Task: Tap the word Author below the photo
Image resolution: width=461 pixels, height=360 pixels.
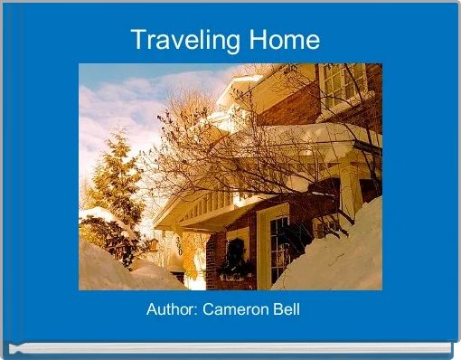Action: click(171, 310)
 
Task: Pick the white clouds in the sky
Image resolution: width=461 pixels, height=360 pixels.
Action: click(136, 99)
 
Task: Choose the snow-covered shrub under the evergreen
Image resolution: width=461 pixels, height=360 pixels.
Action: click(104, 226)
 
